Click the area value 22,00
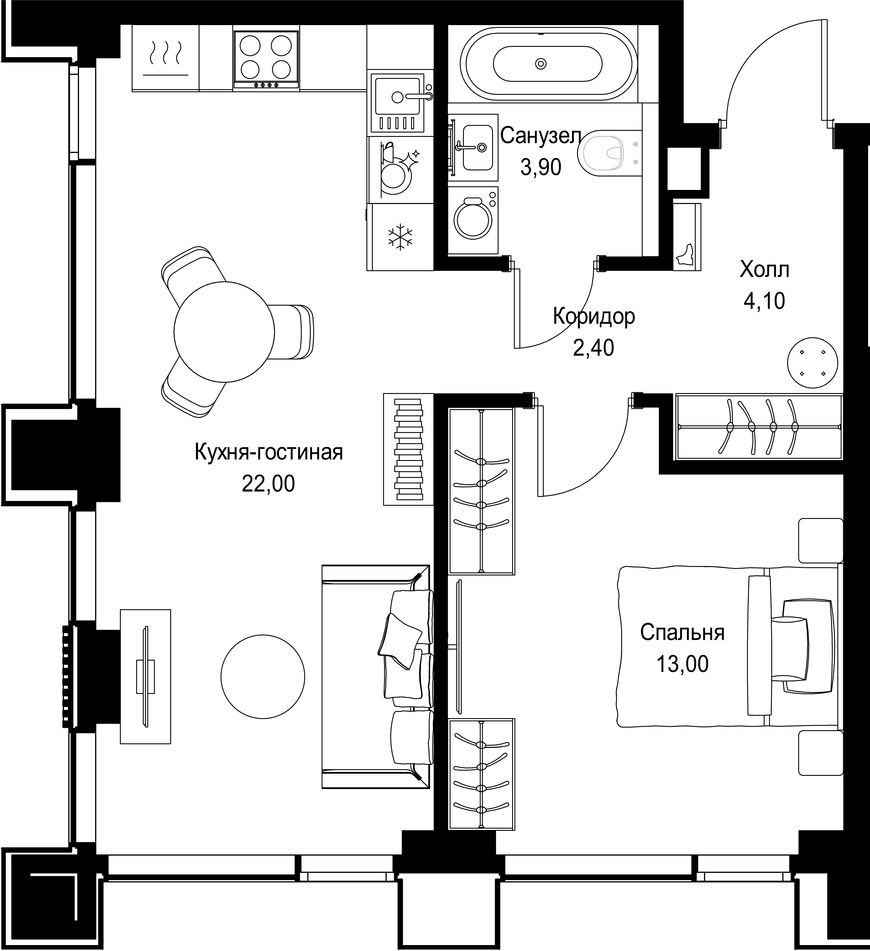(268, 484)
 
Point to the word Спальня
(682, 633)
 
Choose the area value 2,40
(593, 348)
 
